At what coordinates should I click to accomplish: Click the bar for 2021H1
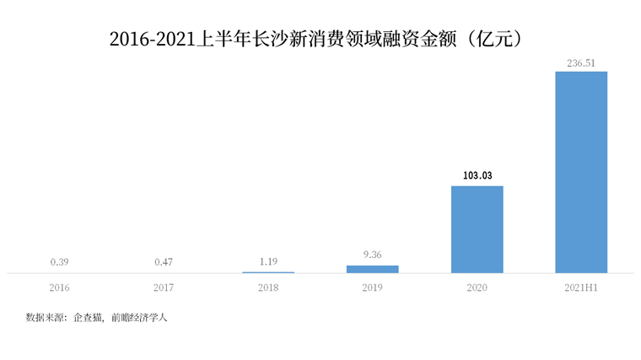click(x=581, y=172)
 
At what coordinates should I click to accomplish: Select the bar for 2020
click(x=477, y=229)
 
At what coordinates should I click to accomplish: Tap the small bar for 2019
click(x=372, y=269)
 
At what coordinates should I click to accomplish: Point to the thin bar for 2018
click(x=268, y=272)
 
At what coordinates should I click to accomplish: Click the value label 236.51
click(x=581, y=62)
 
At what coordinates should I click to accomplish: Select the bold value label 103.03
click(x=477, y=175)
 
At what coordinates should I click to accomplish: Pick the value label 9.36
click(x=372, y=255)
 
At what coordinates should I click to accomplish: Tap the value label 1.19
click(x=268, y=261)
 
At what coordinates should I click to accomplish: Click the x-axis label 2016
click(x=59, y=288)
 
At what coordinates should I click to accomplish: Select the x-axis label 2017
click(x=164, y=288)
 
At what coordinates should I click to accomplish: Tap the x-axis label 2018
click(x=268, y=288)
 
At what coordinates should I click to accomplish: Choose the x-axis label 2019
click(x=372, y=288)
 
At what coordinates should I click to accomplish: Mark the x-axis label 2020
click(x=477, y=288)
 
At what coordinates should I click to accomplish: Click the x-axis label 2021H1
click(x=581, y=288)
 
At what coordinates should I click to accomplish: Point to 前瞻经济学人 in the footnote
click(x=139, y=318)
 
